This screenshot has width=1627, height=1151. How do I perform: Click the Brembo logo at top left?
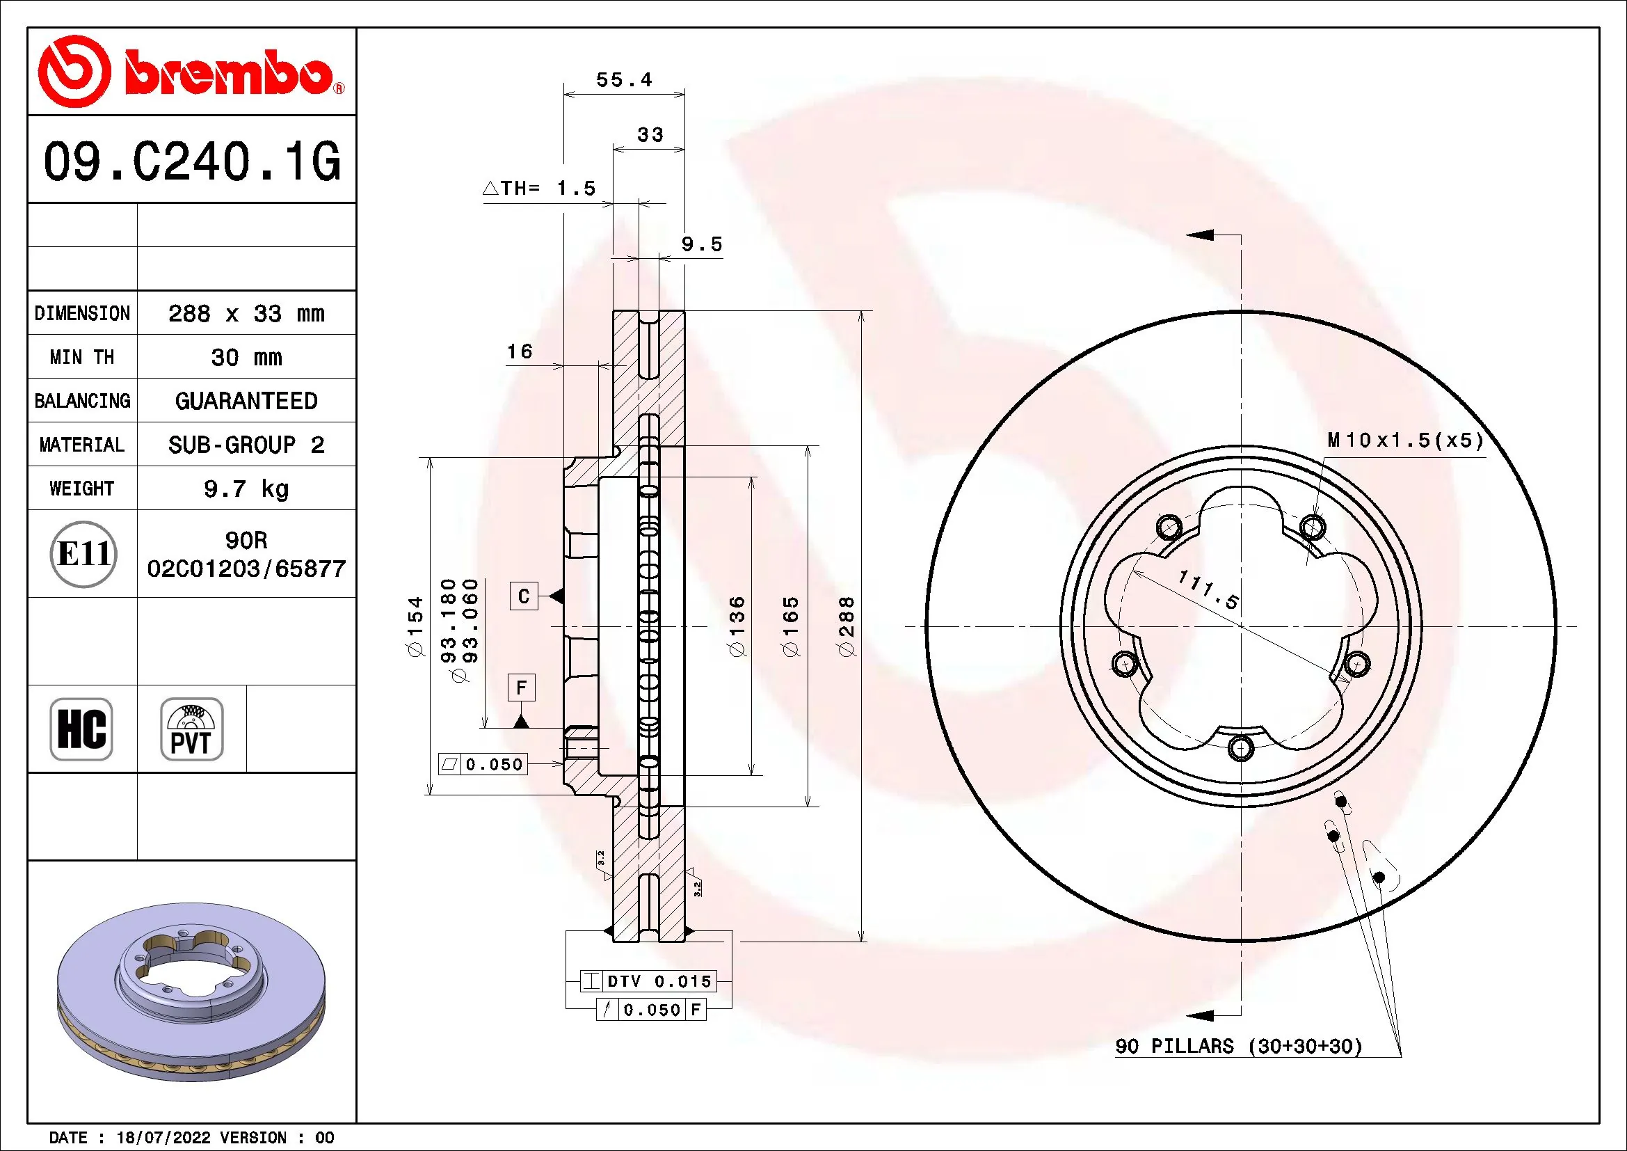[x=191, y=72]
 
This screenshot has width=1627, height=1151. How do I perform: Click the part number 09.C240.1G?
[x=192, y=161]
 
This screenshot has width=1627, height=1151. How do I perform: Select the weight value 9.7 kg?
[x=246, y=489]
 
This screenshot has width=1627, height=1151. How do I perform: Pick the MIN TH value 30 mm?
[x=246, y=357]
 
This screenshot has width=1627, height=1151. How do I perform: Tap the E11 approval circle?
[x=83, y=553]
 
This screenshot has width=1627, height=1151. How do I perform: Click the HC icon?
[x=81, y=729]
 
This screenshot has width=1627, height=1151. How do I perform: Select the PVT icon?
[x=191, y=729]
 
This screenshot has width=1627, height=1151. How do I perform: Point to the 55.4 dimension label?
[x=623, y=80]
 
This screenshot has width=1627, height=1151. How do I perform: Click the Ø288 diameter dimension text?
[x=846, y=626]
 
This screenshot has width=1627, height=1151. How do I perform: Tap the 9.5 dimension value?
[x=702, y=244]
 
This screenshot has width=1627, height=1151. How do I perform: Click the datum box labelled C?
[x=524, y=596]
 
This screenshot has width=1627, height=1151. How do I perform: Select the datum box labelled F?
[x=522, y=688]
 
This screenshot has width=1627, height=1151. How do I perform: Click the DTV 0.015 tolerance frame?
[x=648, y=981]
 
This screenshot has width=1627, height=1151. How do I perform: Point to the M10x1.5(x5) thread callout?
[x=1405, y=440]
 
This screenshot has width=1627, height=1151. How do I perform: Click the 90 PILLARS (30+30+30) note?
[x=1239, y=1046]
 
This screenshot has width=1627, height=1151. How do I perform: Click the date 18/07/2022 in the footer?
[x=163, y=1138]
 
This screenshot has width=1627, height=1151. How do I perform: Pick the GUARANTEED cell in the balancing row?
[x=246, y=401]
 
